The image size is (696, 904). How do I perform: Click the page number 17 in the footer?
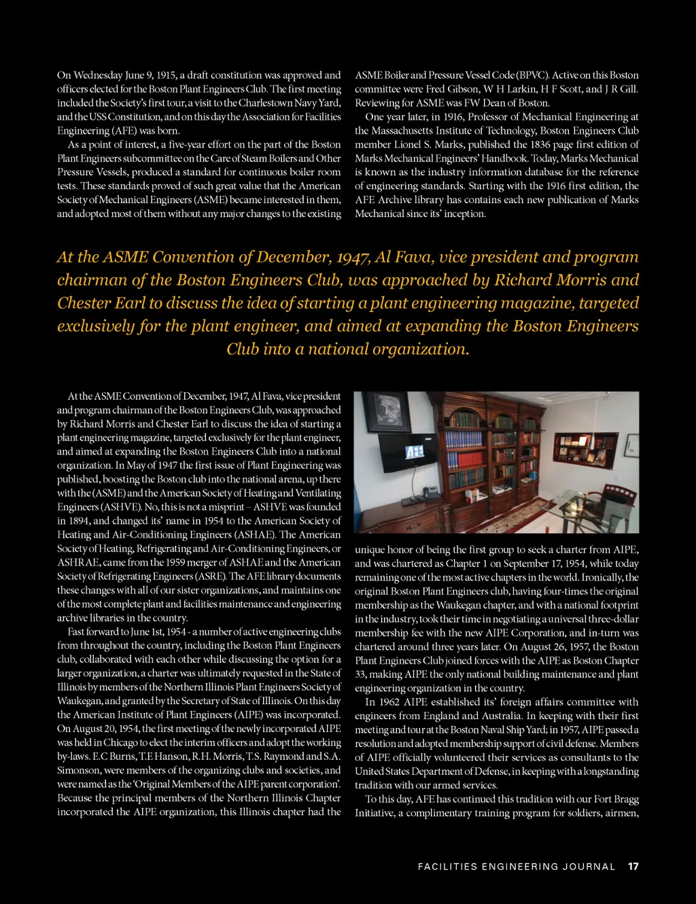pyautogui.click(x=633, y=867)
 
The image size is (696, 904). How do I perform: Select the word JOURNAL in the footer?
pyautogui.click(x=593, y=867)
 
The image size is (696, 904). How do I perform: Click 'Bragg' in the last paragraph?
pyautogui.click(x=626, y=799)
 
